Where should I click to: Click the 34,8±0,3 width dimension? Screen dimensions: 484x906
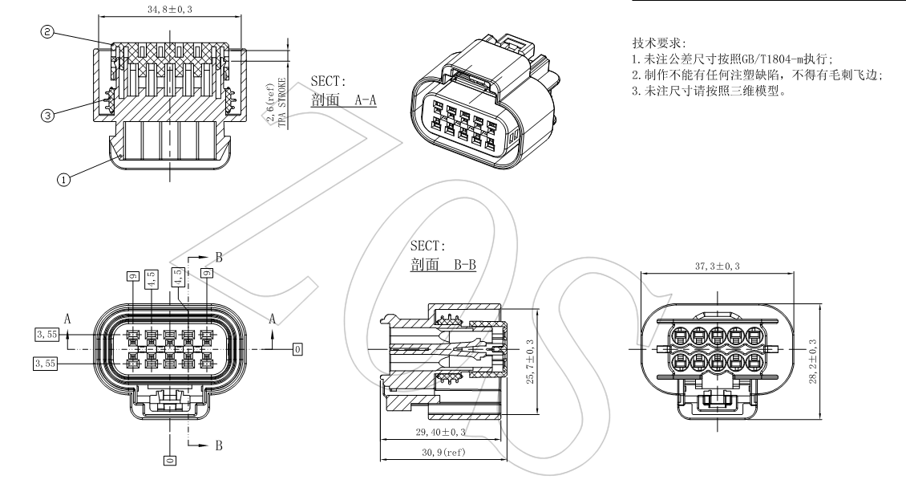tap(169, 10)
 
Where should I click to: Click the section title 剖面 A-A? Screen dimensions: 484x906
tap(343, 100)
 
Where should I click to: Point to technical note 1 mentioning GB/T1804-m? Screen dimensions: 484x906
tap(733, 59)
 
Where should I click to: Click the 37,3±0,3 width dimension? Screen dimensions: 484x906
tap(718, 266)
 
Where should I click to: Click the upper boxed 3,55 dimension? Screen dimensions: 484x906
tap(46, 334)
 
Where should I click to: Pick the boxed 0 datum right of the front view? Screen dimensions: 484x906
tap(297, 349)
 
